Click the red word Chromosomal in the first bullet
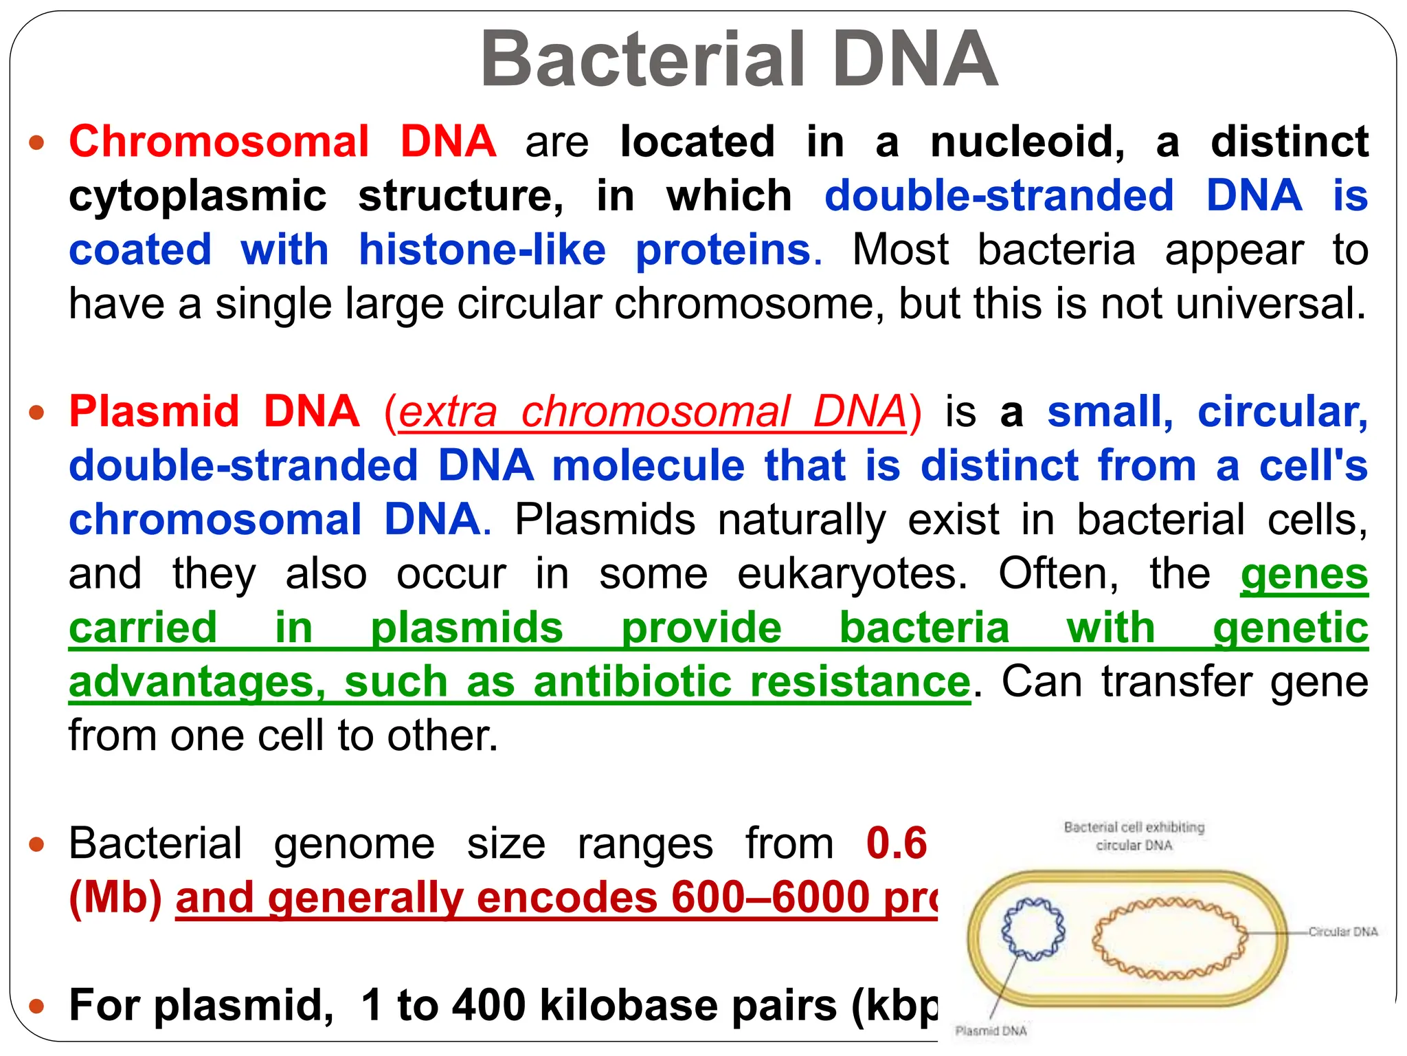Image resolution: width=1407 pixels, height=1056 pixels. click(219, 142)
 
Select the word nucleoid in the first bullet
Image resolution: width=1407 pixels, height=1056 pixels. click(1027, 142)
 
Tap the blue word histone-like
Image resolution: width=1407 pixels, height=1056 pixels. click(482, 250)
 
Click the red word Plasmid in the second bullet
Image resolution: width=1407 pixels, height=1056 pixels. click(154, 412)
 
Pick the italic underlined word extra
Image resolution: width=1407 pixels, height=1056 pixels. click(448, 412)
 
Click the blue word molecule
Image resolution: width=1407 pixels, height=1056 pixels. click(649, 465)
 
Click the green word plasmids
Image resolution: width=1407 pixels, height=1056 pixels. click(466, 628)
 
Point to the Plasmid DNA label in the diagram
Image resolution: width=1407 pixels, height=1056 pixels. click(991, 1031)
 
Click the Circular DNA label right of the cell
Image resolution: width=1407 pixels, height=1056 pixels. click(1342, 932)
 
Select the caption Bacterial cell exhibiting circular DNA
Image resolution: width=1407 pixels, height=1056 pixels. click(1134, 836)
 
